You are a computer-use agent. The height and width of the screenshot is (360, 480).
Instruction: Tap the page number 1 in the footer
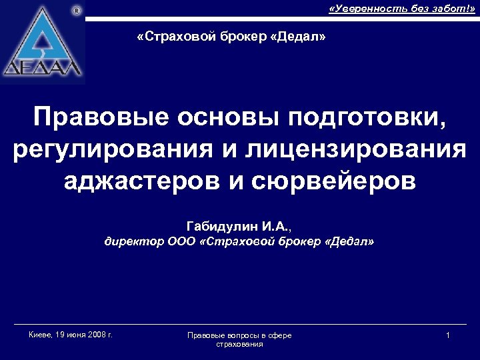click(x=448, y=335)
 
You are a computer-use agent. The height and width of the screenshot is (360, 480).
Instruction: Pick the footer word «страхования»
click(x=239, y=344)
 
